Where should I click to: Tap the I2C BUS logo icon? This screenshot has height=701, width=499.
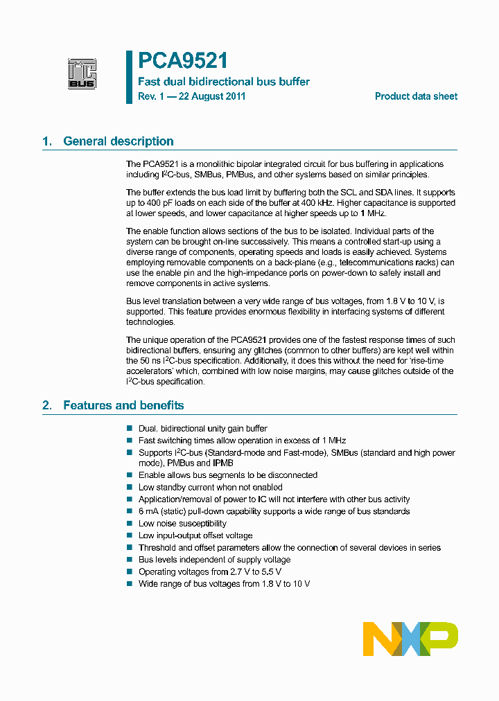tap(82, 74)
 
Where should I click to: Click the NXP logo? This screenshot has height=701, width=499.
tap(410, 639)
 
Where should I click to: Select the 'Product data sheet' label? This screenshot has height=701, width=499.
tap(416, 96)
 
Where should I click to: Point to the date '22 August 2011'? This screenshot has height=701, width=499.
tap(212, 96)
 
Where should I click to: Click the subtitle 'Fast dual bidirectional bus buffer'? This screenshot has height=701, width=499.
tap(224, 82)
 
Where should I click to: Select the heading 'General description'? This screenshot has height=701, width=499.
tap(118, 141)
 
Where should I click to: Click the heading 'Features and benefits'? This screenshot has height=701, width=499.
tap(123, 405)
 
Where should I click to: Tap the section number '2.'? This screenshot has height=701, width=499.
tap(47, 405)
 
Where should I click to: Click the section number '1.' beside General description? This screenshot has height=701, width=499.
tap(47, 141)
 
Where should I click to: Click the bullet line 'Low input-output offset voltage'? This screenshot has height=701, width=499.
tap(195, 535)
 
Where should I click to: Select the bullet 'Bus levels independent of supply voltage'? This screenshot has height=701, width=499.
tap(214, 560)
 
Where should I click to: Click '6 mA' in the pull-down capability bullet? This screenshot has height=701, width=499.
tap(149, 511)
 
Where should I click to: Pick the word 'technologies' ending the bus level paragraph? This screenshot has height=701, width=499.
tap(150, 322)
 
